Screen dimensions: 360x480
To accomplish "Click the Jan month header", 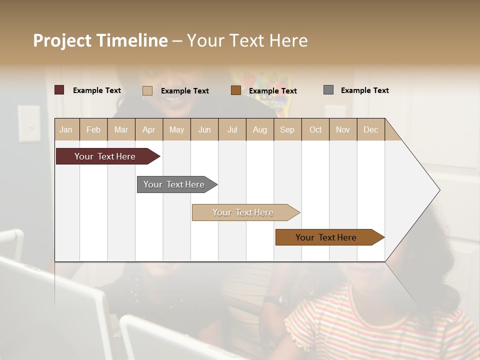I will coord(66,129).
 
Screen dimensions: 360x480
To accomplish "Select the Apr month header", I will coord(149,129).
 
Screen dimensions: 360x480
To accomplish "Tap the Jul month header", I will coord(232,129).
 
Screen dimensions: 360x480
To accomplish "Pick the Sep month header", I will coord(287,129).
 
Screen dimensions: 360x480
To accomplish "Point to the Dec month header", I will coord(370,129).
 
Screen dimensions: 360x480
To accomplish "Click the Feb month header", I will coord(93,129).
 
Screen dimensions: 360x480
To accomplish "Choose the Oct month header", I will coord(315,129).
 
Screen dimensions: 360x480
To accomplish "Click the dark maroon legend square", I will coord(59,90).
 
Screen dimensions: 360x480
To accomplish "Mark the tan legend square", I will coord(147,90).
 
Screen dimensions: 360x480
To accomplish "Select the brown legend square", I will coord(236,90).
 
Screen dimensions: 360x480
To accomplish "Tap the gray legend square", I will coord(328,90).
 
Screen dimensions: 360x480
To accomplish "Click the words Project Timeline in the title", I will coord(100,40).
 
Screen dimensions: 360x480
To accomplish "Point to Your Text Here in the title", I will coord(247,40).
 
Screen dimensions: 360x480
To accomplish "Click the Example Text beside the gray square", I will coord(364,90).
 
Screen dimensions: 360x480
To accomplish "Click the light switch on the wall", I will coord(29,123).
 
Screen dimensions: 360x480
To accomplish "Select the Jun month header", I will coord(204,129).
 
